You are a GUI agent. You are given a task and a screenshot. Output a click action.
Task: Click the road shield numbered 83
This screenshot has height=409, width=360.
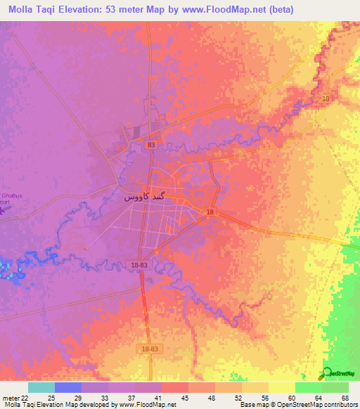click(x=151, y=145)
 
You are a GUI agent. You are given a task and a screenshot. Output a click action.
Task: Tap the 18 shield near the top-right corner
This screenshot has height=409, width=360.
click(x=325, y=99)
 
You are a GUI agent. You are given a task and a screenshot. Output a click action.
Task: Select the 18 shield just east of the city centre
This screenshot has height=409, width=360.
click(x=211, y=212)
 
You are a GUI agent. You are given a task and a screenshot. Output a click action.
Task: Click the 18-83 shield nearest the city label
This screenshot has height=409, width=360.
click(x=139, y=264)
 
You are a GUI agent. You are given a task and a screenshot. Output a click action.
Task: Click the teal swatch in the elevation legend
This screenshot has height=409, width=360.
click(x=41, y=387)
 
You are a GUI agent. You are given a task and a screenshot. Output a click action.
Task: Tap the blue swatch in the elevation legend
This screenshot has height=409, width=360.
click(x=68, y=387)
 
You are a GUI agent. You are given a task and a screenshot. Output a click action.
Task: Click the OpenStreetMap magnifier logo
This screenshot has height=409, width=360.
click(x=325, y=372)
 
